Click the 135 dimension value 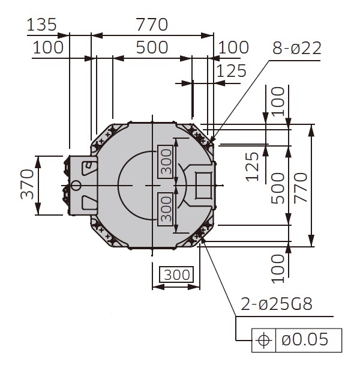(x=42, y=25)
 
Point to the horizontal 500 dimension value (x=151, y=47)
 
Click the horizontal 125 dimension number (x=232, y=71)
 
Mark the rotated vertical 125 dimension (x=253, y=166)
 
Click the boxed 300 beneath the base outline (x=176, y=275)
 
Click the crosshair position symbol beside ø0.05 (x=263, y=340)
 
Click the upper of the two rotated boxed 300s (x=166, y=161)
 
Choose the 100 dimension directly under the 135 (x=48, y=47)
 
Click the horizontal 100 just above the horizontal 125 (x=233, y=47)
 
